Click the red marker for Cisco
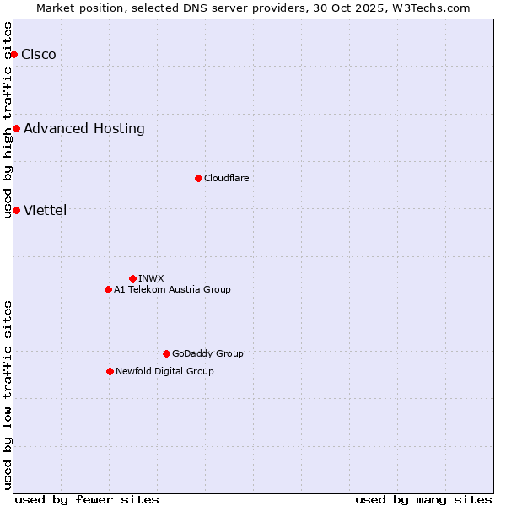13,55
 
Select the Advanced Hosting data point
16,129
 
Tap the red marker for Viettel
16,210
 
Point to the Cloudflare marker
198,178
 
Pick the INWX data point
132,278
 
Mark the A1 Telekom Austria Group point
108,289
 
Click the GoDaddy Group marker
166,353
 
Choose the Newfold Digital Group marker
110,371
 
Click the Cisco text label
39,55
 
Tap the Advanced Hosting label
84,129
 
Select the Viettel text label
46,211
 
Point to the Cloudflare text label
227,178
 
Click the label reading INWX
151,278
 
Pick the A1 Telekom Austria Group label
172,289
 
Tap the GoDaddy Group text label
207,353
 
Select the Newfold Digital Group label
164,371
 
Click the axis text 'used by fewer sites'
87,499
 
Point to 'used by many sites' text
423,499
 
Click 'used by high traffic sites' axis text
8,120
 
